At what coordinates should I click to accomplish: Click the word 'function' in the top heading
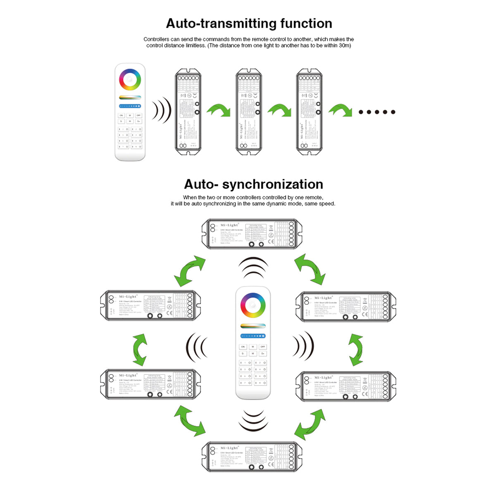pyautogui.click(x=306, y=24)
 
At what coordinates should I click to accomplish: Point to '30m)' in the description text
pyautogui.click(x=344, y=45)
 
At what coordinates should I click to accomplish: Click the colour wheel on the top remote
pyautogui.click(x=130, y=79)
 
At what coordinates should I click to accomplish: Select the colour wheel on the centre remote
pyautogui.click(x=253, y=305)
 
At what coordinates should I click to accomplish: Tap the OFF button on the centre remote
pyautogui.click(x=262, y=347)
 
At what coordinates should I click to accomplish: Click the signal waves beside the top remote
pyautogui.click(x=161, y=110)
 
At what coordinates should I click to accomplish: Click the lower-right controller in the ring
pyautogui.click(x=346, y=386)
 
